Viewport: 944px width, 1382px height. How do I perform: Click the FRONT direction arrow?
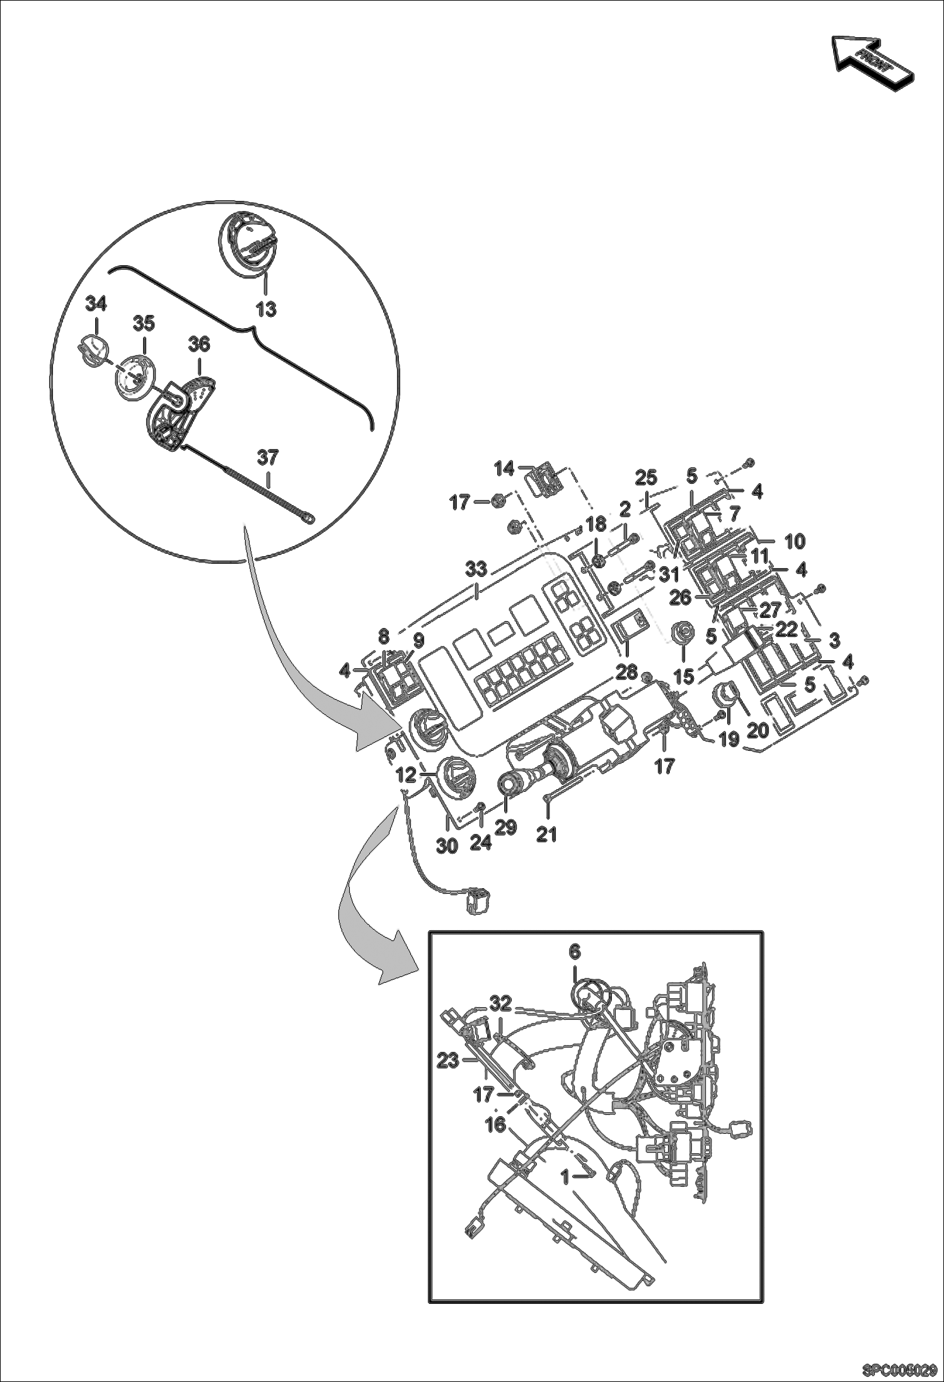(x=873, y=62)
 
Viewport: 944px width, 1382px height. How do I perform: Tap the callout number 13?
(x=266, y=310)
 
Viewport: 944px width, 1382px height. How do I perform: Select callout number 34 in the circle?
(x=96, y=304)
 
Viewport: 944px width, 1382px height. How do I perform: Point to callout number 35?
(x=144, y=324)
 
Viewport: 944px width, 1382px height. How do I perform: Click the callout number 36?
(x=199, y=345)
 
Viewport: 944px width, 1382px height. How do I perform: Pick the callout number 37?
(x=268, y=457)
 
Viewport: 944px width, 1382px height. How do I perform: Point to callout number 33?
(x=476, y=569)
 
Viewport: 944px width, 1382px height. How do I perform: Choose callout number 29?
(x=505, y=827)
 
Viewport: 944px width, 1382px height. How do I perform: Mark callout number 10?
(x=795, y=540)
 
